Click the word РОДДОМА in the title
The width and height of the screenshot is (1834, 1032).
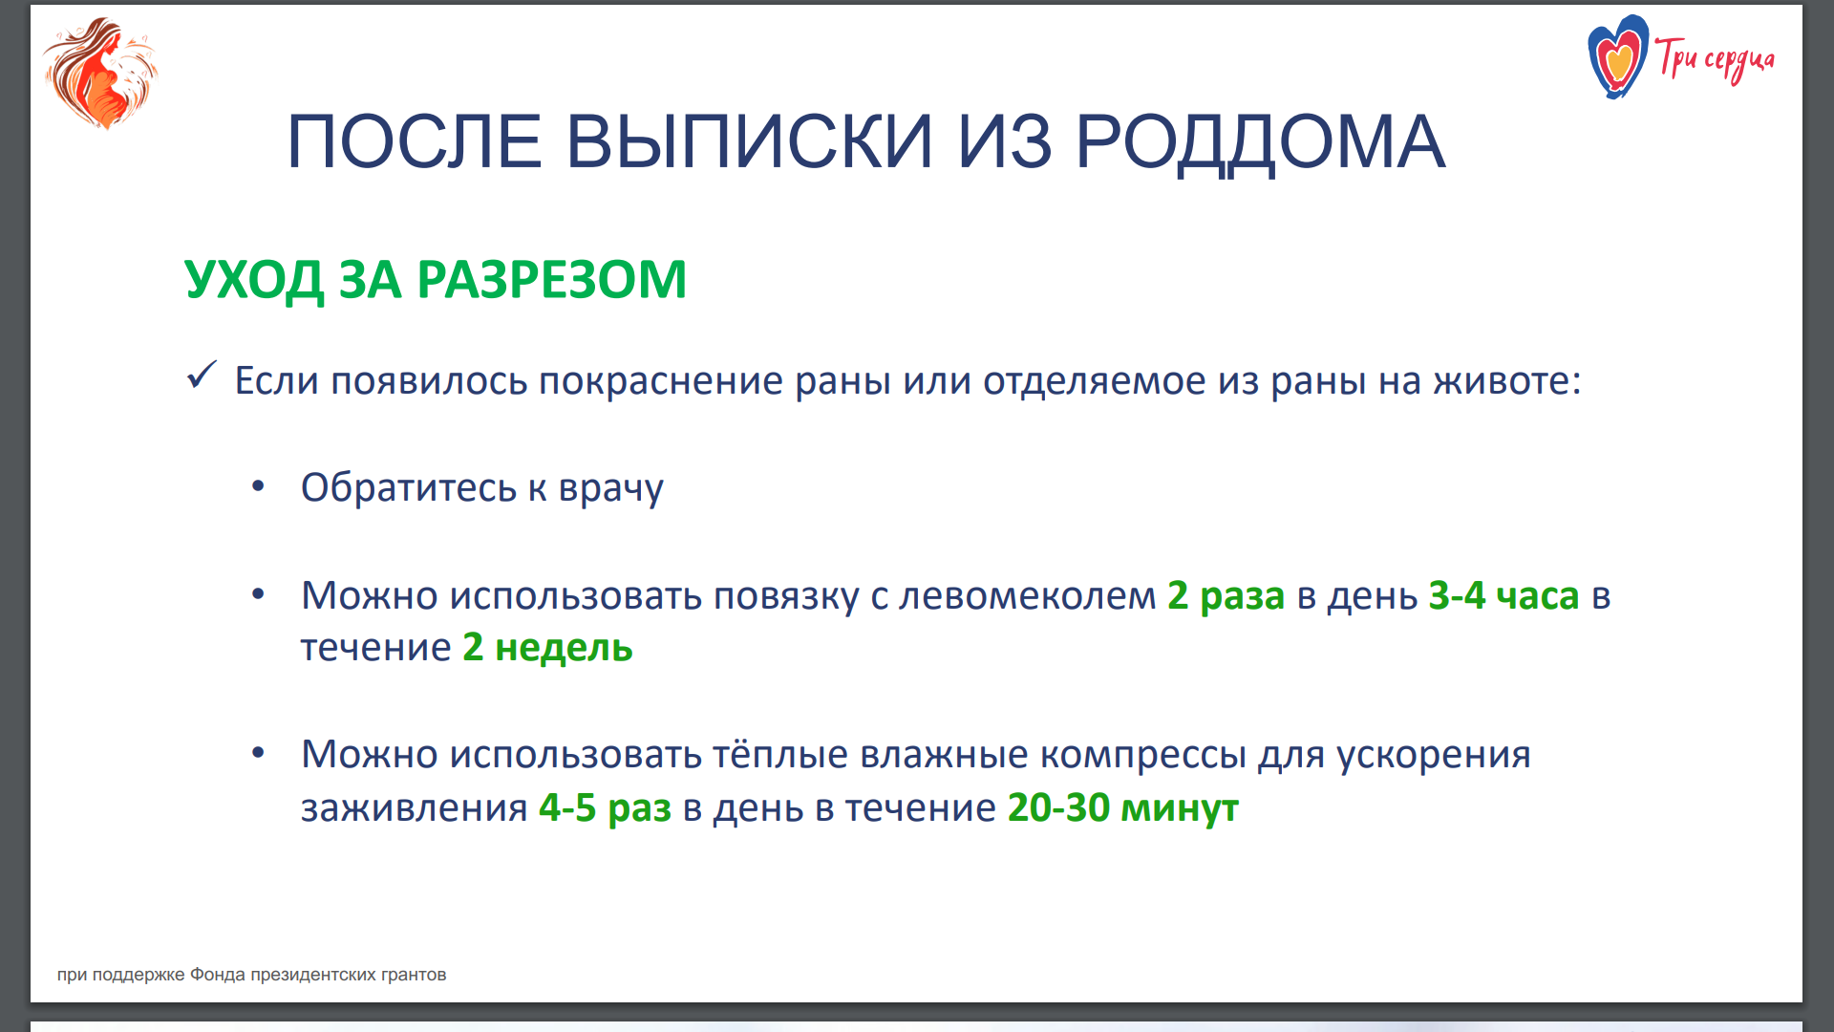pos(1261,142)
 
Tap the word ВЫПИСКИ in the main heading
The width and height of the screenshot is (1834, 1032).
pos(750,142)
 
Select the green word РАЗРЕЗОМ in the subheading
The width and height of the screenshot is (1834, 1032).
pos(552,280)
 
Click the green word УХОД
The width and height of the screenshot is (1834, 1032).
pos(254,281)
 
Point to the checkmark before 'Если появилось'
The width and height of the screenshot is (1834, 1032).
pos(202,376)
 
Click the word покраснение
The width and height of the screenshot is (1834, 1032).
pos(661,381)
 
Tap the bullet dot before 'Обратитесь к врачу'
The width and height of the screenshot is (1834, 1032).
pos(258,486)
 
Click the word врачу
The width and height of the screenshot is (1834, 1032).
pos(611,488)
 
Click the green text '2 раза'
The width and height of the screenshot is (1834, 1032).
pos(1226,596)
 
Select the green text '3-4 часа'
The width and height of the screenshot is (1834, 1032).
pos(1504,596)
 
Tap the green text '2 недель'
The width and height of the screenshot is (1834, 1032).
pos(548,648)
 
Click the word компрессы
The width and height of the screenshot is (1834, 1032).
pos(1143,755)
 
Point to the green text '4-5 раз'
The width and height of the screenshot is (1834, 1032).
pos(606,808)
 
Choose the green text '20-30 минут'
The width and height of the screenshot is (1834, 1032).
pos(1123,808)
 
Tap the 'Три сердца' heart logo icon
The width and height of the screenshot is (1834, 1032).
pos(1618,57)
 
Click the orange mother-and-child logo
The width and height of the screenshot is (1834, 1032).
pos(100,73)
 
